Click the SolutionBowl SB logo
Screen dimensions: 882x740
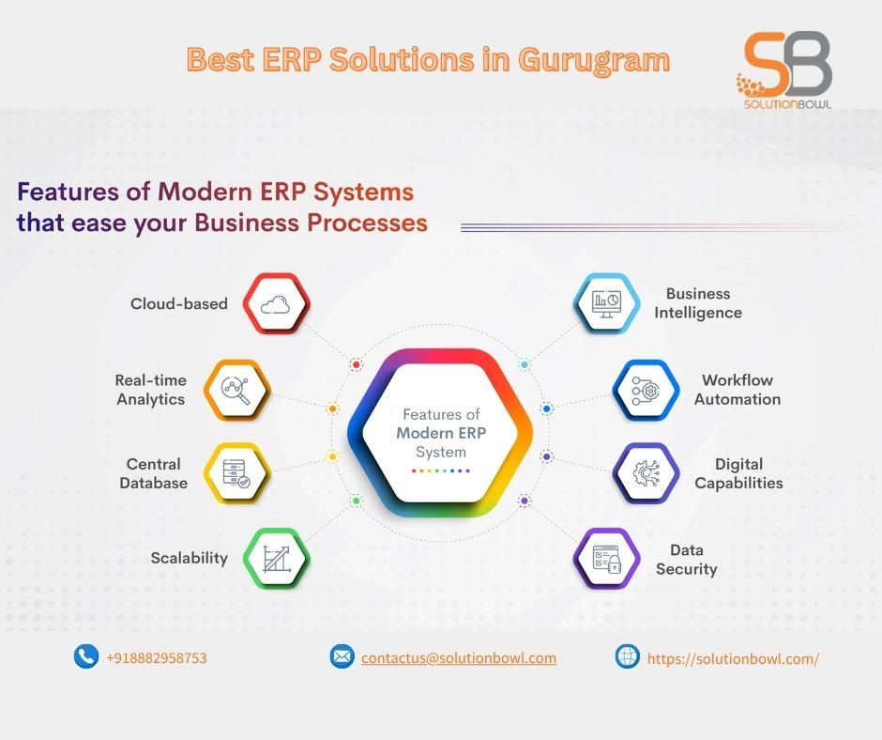(784, 69)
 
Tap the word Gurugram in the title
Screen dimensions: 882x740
(594, 61)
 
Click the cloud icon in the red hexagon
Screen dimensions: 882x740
(276, 304)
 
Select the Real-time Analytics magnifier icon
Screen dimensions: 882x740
(236, 390)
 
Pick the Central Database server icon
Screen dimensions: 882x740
(236, 473)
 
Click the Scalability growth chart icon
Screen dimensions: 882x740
(277, 559)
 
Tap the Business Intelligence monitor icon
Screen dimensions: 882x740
(606, 304)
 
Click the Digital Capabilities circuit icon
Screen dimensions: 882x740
(646, 473)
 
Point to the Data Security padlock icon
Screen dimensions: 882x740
(607, 559)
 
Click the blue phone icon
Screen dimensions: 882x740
(86, 656)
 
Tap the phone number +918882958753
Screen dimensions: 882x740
(157, 657)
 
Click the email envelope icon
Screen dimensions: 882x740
(342, 656)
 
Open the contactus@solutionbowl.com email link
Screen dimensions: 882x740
(459, 657)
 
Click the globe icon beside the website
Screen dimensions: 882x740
(627, 656)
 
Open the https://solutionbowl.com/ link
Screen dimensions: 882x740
(733, 658)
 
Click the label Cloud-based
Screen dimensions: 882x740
(179, 303)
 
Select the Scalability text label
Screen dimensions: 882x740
(189, 558)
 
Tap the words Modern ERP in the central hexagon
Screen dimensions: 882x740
(441, 433)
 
